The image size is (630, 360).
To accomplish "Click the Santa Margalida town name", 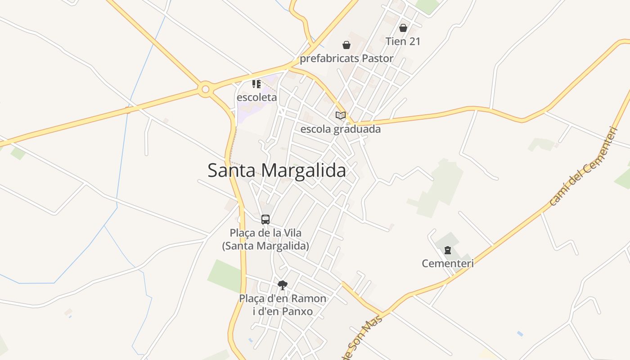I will click(x=277, y=171).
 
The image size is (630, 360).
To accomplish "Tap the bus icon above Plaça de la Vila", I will click(x=265, y=220).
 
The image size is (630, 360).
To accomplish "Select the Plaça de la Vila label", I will click(x=265, y=239).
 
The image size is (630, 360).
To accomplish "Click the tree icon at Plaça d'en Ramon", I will click(x=283, y=284).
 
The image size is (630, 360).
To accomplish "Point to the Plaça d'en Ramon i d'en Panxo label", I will click(x=283, y=305).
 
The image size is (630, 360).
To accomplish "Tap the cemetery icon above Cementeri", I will click(x=448, y=250).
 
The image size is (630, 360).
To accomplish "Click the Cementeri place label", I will click(x=448, y=263).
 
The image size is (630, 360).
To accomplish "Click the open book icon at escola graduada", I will click(x=341, y=116).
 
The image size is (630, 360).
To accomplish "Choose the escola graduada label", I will click(x=340, y=129).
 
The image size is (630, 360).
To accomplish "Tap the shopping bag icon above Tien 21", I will click(x=403, y=28).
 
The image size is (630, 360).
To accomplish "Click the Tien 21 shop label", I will click(x=403, y=41).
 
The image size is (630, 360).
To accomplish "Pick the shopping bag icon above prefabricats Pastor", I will click(x=346, y=45).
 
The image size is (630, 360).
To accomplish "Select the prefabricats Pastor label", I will click(x=346, y=58).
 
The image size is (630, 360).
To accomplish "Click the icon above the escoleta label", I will click(x=256, y=84).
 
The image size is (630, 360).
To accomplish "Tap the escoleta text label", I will click(x=256, y=97).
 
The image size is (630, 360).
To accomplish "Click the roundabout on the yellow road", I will click(x=206, y=89).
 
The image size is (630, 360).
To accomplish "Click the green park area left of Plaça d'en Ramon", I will click(x=224, y=275).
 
